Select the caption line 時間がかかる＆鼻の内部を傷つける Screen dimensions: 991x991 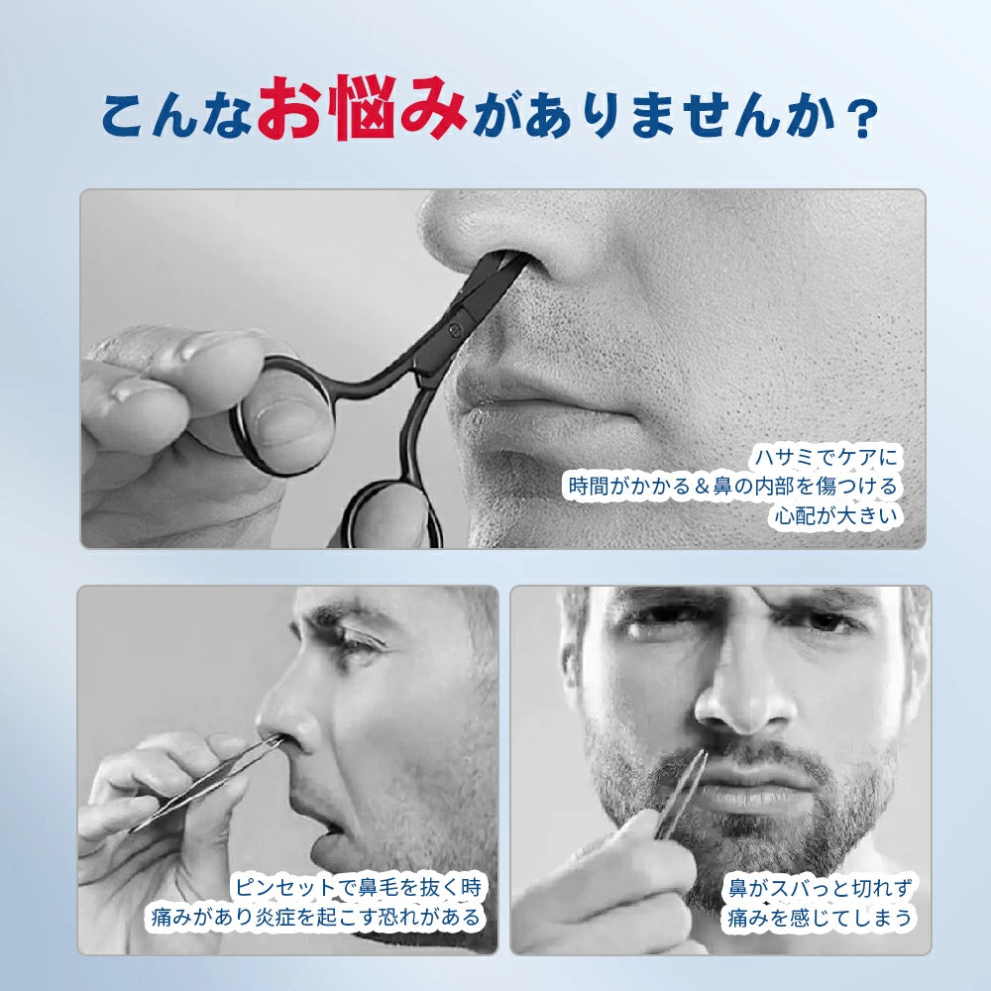tap(733, 487)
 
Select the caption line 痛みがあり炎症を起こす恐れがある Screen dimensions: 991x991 tap(315, 917)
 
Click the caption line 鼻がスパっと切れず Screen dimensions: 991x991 tap(819, 886)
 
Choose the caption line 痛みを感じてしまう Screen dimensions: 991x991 tap(819, 917)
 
